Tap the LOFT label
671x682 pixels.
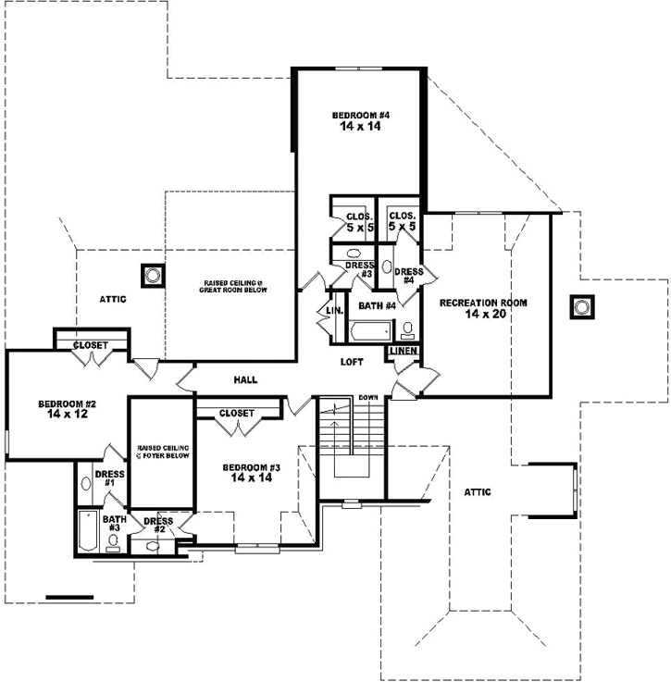(352, 363)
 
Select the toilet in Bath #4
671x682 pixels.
(407, 329)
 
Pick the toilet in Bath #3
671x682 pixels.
(113, 542)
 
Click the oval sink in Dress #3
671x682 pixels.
(353, 253)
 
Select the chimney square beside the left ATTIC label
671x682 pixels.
(151, 275)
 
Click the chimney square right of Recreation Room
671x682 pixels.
(580, 306)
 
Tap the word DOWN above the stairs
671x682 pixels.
(368, 396)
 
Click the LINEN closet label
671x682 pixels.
(404, 352)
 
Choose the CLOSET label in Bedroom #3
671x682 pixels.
(237, 413)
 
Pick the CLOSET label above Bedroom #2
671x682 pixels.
(91, 345)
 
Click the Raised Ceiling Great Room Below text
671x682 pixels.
(235, 285)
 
